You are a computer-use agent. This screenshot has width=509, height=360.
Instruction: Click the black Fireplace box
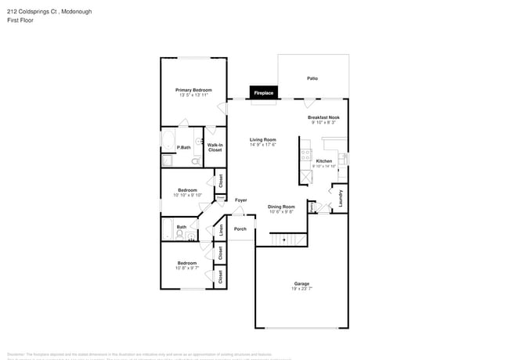coord(263,93)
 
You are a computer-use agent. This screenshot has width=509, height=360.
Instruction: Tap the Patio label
coord(312,78)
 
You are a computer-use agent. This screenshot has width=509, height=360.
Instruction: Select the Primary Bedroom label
coord(193,90)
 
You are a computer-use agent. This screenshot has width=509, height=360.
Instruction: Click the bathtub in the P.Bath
coord(168,142)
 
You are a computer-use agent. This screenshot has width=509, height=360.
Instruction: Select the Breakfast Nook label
coord(323,117)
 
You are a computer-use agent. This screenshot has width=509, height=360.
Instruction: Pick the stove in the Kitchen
coord(305,153)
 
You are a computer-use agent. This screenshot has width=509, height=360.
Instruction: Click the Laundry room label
coord(341,198)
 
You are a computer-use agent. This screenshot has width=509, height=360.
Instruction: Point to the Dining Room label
coord(281,207)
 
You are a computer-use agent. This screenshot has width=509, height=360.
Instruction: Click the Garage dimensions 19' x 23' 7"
coord(301,289)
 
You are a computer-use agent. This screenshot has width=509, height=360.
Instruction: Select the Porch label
coord(240,229)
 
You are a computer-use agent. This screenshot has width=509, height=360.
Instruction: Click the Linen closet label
coord(221,230)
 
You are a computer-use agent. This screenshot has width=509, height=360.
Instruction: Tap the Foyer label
coord(241,200)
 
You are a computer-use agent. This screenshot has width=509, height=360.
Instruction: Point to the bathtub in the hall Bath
coord(167,229)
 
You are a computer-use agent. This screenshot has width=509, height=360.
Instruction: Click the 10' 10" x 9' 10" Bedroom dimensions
coord(187,195)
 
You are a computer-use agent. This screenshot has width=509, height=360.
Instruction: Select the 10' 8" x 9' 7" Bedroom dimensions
coord(186,268)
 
